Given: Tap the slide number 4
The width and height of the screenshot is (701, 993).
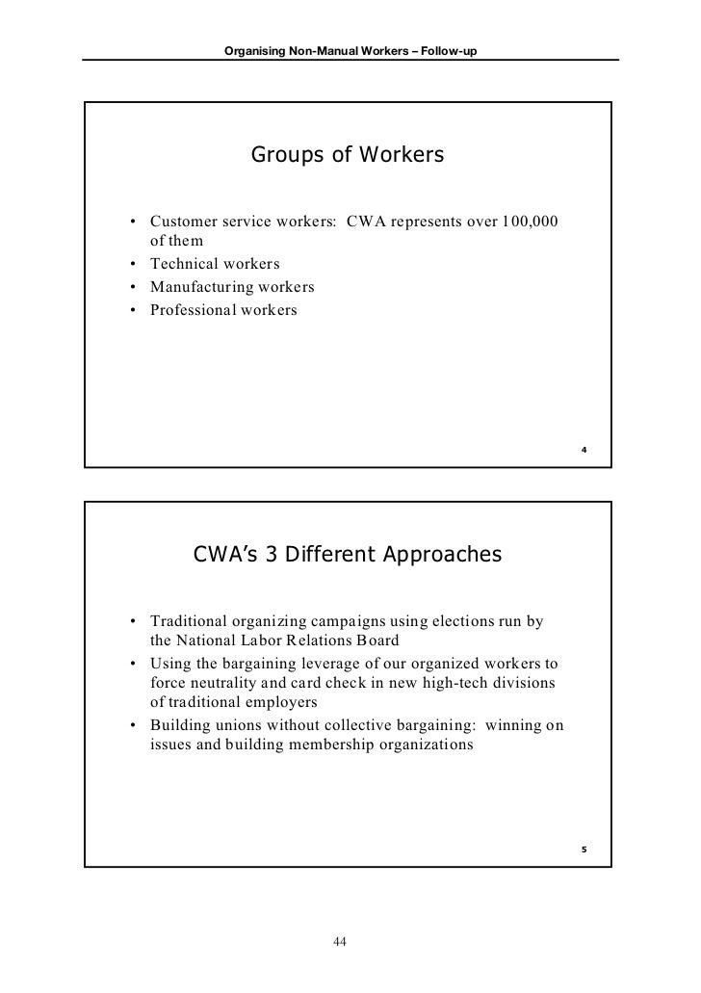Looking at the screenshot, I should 585,451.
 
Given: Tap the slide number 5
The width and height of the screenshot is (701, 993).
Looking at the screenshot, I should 585,849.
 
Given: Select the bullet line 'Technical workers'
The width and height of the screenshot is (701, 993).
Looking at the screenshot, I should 215,263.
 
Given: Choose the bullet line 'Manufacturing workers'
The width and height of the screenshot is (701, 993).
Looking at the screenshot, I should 232,287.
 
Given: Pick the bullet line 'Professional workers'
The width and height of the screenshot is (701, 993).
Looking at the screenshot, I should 224,310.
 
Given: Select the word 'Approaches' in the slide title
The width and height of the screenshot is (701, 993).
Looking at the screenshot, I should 446,556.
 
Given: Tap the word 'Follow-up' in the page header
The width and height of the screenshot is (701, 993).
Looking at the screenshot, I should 453,50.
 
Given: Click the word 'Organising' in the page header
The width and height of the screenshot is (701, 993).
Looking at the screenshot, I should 252,50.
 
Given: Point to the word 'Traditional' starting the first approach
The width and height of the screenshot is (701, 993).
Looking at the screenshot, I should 190,621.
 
